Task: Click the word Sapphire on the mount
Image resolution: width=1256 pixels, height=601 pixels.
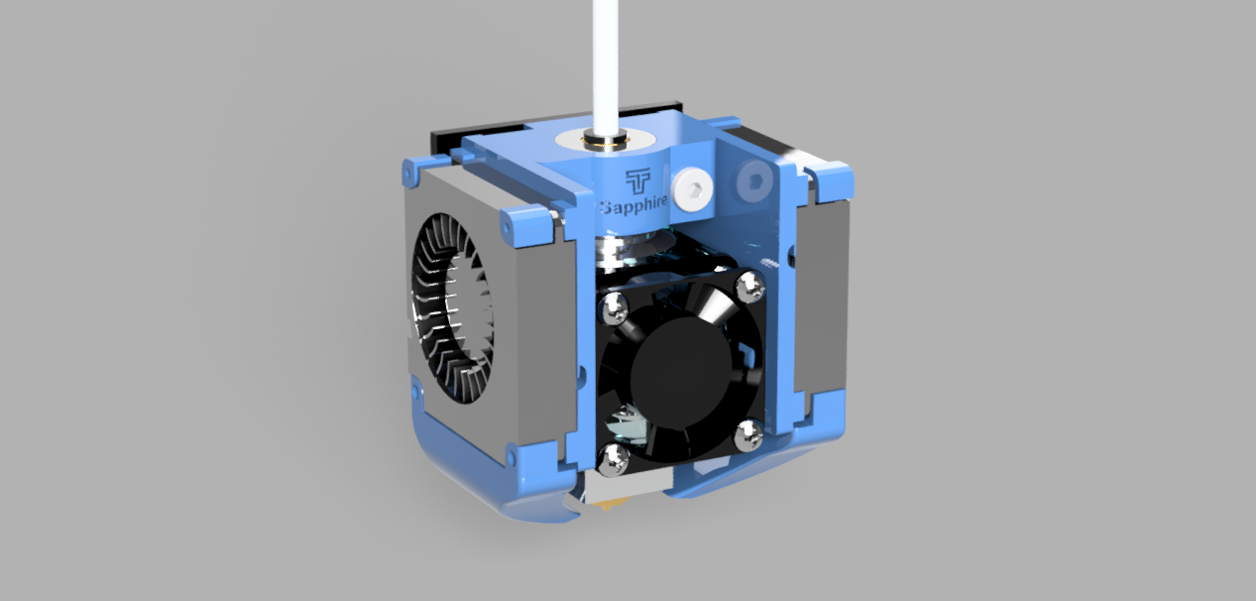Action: (x=634, y=205)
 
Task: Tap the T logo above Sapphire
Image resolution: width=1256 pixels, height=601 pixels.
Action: (x=638, y=180)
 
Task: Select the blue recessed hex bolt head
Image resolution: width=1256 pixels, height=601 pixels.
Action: (x=754, y=180)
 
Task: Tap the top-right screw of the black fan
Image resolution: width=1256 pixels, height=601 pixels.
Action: (x=750, y=287)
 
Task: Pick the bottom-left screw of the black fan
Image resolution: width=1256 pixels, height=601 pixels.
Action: (x=613, y=460)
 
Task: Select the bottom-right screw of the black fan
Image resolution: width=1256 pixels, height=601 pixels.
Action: (x=749, y=436)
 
